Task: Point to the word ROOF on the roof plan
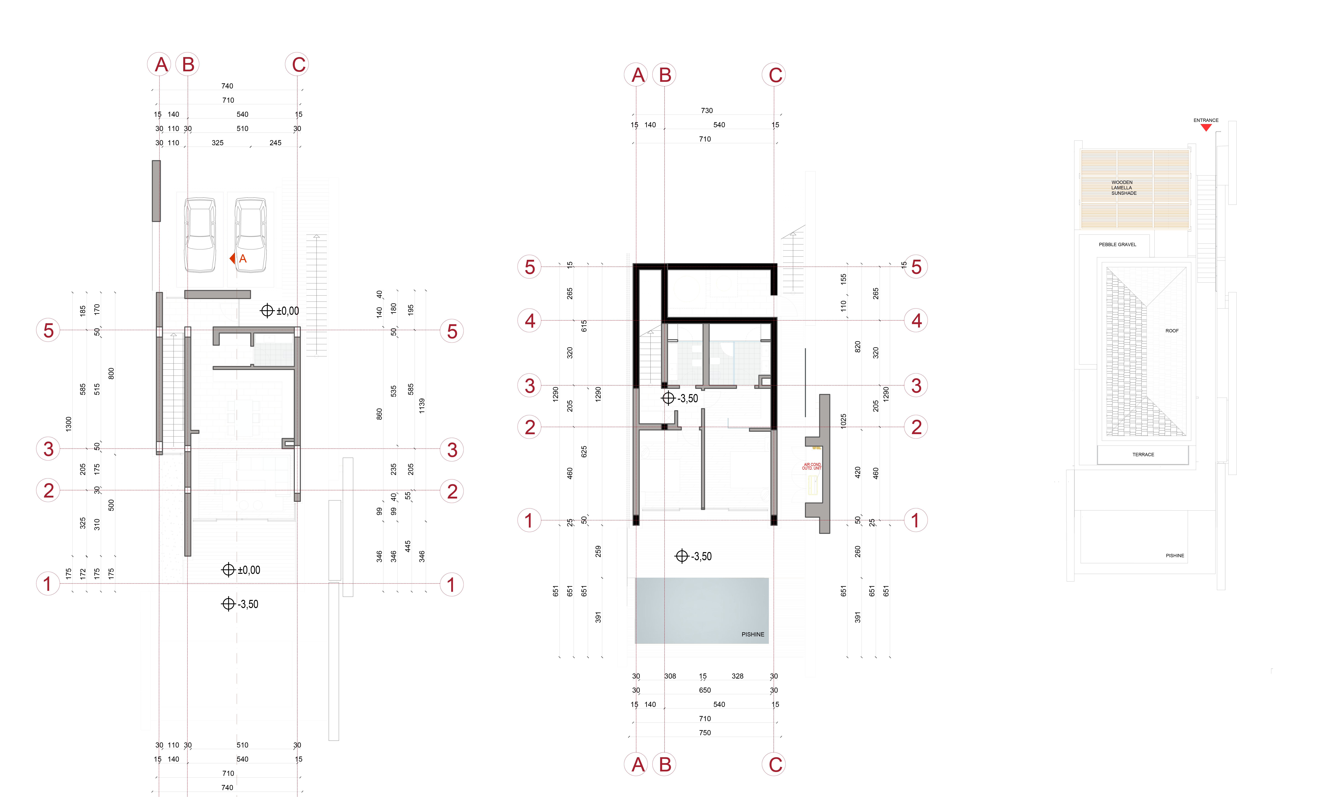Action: (x=1172, y=331)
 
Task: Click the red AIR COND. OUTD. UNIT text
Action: (x=812, y=466)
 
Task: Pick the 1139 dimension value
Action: (x=422, y=405)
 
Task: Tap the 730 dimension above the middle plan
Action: (x=707, y=111)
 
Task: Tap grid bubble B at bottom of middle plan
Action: (x=665, y=764)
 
